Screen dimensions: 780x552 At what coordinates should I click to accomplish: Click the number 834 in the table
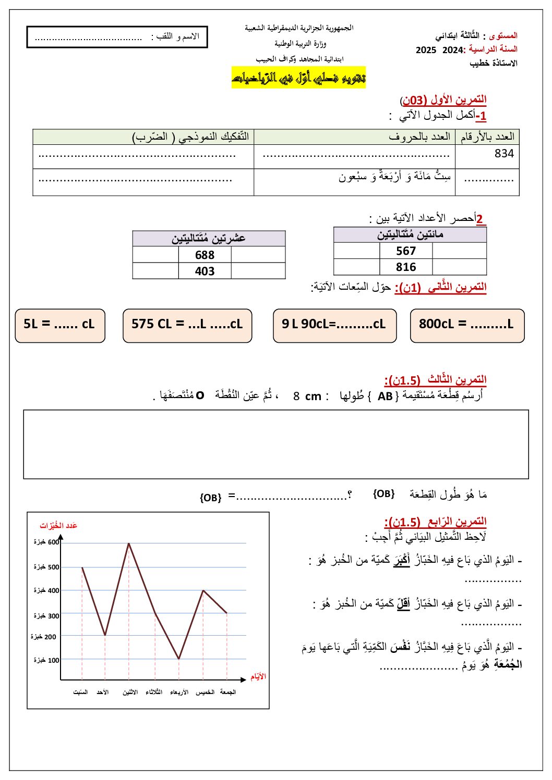(503, 154)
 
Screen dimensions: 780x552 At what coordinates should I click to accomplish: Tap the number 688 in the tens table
(205, 255)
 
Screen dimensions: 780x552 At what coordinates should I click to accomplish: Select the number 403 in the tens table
(205, 271)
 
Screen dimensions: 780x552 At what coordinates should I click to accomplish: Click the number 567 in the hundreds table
(405, 251)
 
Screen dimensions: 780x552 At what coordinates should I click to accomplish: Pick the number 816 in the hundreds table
(405, 267)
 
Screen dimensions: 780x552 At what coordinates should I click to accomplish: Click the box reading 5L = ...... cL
(60, 326)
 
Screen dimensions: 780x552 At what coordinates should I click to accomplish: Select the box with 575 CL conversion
(187, 326)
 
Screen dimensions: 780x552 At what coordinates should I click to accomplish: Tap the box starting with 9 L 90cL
(334, 326)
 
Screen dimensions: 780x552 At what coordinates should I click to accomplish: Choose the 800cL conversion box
(467, 326)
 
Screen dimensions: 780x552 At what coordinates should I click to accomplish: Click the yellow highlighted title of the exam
(298, 78)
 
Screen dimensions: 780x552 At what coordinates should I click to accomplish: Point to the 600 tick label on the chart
(47, 542)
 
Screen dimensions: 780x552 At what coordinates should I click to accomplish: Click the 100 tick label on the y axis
(47, 660)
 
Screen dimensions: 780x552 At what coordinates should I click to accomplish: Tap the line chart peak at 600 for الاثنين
(129, 543)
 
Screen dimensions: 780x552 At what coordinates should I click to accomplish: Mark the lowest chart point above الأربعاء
(179, 659)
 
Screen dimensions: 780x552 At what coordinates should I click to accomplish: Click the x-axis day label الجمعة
(228, 692)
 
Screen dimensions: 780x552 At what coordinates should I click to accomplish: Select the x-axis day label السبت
(81, 692)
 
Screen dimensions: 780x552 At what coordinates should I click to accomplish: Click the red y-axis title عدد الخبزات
(58, 525)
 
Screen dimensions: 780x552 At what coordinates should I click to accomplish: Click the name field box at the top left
(117, 37)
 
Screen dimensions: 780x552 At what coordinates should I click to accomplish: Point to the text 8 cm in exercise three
(307, 397)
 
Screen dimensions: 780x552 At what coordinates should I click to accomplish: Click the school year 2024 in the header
(452, 50)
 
